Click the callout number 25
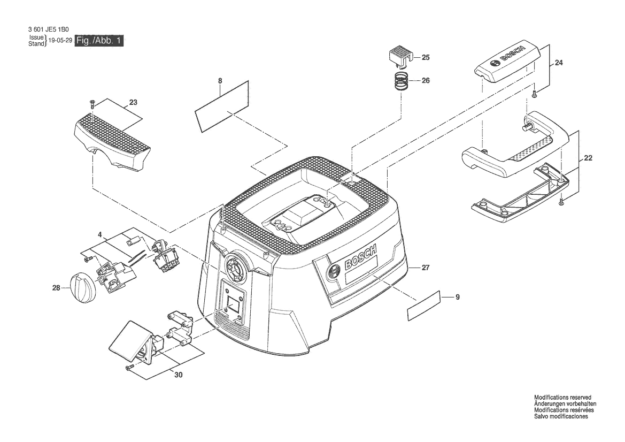point(426,57)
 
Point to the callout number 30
point(179,375)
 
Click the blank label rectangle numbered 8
point(222,106)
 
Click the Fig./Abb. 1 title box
point(99,41)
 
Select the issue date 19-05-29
point(60,41)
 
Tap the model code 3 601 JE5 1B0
point(49,29)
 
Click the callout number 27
point(426,268)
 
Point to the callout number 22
point(588,158)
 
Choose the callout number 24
point(559,63)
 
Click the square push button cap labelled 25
point(399,56)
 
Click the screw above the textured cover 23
point(91,104)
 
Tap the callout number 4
point(99,234)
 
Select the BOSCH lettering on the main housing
point(360,258)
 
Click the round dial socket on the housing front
point(236,265)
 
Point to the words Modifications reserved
point(562,398)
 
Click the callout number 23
point(133,103)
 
